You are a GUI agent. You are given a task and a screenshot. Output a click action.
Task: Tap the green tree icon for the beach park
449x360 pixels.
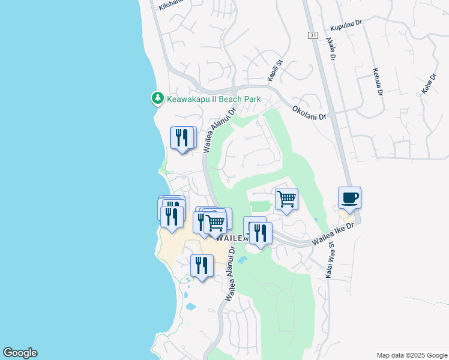tap(157, 97)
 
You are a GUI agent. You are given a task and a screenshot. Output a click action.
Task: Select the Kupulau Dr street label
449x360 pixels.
tap(346, 28)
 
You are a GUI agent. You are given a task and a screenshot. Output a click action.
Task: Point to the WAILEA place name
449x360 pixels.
tap(232, 238)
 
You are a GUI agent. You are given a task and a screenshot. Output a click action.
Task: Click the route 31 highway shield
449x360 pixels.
tap(313, 36)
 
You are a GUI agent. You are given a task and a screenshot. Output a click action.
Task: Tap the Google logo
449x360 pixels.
tap(20, 353)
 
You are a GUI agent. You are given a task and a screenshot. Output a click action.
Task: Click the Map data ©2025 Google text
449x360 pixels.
tap(411, 355)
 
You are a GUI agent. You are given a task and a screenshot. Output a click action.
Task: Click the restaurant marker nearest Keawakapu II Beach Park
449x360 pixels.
tap(182, 137)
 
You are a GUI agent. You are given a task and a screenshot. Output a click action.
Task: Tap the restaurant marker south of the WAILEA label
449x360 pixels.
tap(202, 265)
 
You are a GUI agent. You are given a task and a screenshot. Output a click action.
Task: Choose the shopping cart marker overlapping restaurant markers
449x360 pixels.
tap(215, 223)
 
